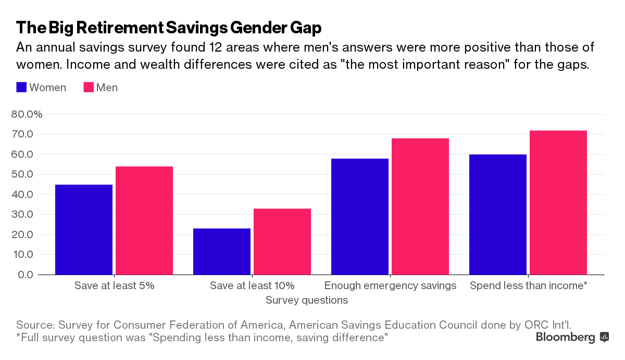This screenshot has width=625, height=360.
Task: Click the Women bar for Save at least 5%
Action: [x=84, y=229]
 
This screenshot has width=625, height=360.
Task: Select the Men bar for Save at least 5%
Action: [x=144, y=220]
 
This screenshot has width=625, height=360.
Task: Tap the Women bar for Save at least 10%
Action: [x=222, y=251]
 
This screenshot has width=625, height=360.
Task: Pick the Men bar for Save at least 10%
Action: [x=282, y=241]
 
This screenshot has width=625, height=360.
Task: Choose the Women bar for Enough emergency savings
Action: [x=360, y=216]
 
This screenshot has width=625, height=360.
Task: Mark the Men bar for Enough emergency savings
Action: [x=420, y=206]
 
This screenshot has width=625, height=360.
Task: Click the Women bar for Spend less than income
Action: [x=498, y=214]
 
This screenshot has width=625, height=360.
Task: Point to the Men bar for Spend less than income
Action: [x=558, y=202]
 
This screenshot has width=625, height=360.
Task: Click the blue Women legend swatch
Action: [x=21, y=88]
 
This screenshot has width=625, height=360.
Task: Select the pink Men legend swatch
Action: [x=89, y=88]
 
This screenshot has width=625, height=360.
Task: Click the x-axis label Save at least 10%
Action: [x=252, y=285]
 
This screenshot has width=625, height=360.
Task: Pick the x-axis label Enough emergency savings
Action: [x=390, y=285]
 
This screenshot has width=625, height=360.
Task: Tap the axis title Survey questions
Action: [x=307, y=300]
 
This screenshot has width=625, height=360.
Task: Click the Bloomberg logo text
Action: [x=565, y=338]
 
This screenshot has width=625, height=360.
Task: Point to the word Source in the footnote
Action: [x=35, y=324]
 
